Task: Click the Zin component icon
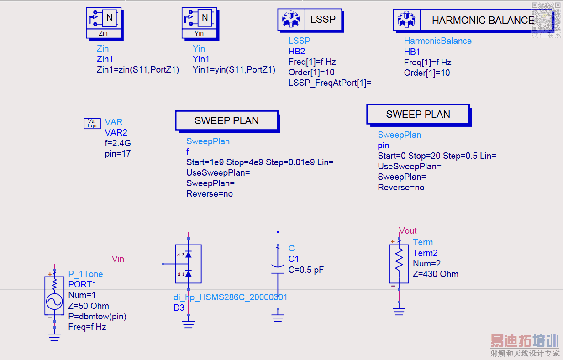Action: (x=104, y=23)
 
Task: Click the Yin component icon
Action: (x=200, y=23)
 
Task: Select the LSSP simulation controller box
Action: (x=309, y=20)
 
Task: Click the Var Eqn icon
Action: (x=92, y=123)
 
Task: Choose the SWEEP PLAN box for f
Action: (x=226, y=121)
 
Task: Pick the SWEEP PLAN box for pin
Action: (x=418, y=115)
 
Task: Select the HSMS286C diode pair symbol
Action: (x=188, y=264)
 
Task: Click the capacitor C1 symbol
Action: (x=278, y=269)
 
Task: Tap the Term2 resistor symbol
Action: (x=399, y=264)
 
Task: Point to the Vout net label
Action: (x=408, y=231)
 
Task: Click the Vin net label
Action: (x=118, y=259)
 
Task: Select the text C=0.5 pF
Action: (x=306, y=270)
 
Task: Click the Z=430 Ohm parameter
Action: (x=436, y=274)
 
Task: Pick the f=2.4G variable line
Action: (x=118, y=143)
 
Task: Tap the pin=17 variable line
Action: (x=118, y=154)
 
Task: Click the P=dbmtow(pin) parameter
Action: (x=97, y=316)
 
